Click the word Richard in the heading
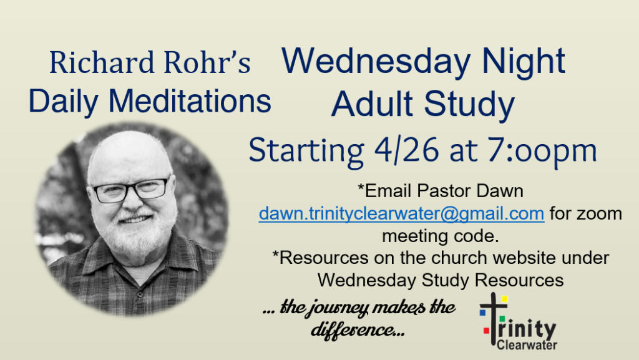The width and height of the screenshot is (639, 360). pyautogui.click(x=102, y=62)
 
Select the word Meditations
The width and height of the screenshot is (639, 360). pyautogui.click(x=190, y=100)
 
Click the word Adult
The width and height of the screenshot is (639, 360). pyautogui.click(x=372, y=104)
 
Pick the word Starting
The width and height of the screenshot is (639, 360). pyautogui.click(x=306, y=151)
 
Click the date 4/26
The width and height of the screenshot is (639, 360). pyautogui.click(x=406, y=150)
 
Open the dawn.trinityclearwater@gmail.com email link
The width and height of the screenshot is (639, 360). pyautogui.click(x=401, y=214)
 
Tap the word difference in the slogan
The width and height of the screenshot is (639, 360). pyautogui.click(x=353, y=329)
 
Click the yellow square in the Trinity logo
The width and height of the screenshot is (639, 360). pyautogui.click(x=504, y=299)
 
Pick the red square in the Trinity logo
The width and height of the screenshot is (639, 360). pyautogui.click(x=486, y=331)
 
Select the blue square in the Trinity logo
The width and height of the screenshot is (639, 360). pyautogui.click(x=483, y=313)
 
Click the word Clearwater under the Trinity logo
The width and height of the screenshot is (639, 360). pyautogui.click(x=527, y=345)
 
